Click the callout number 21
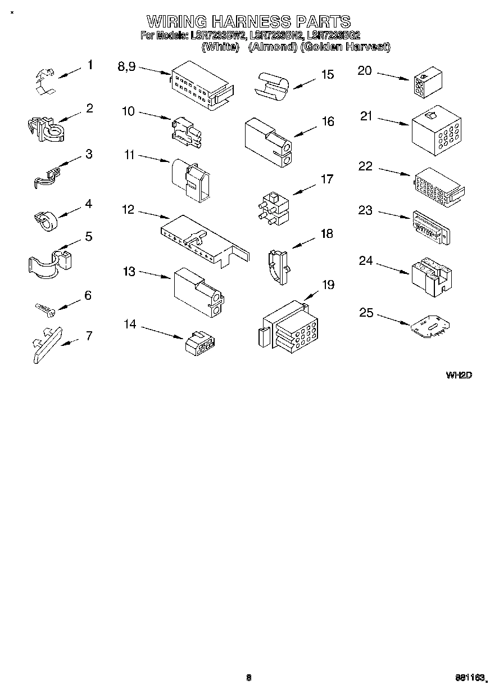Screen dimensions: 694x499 366,116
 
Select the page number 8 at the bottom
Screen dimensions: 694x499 248,678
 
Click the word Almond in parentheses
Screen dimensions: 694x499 273,47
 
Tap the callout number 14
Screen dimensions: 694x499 130,324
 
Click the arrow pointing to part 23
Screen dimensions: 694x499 394,215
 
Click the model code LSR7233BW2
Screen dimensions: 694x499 218,35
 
